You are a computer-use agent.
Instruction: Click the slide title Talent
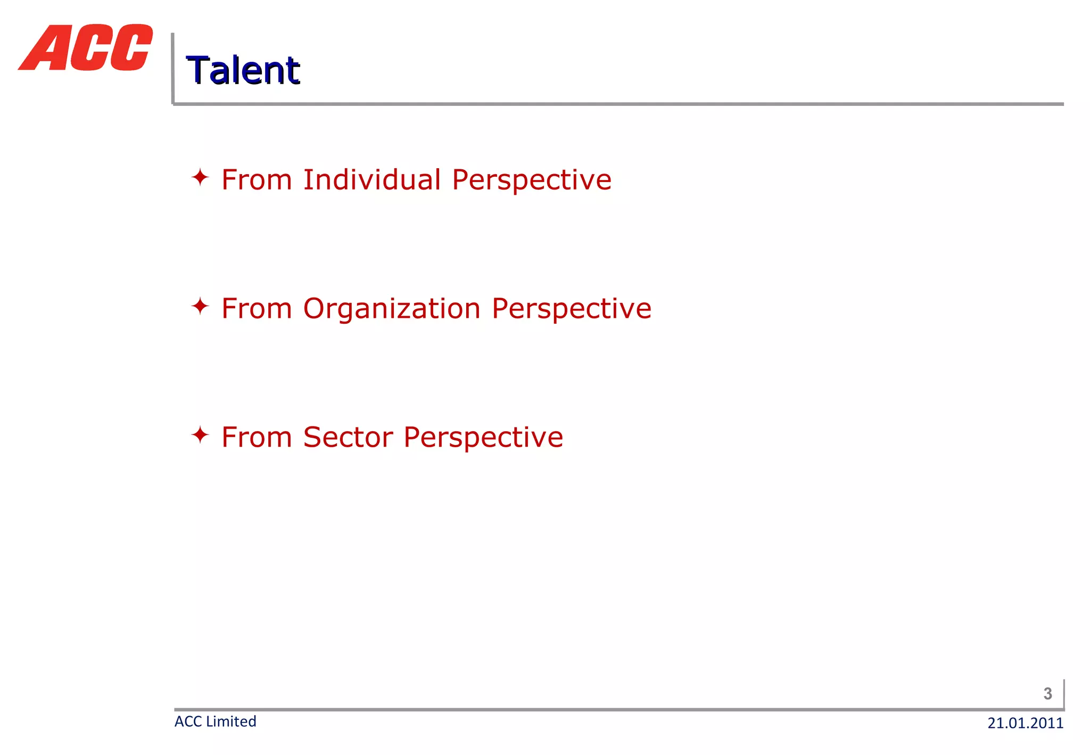(x=243, y=70)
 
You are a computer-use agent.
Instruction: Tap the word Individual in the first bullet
(x=372, y=179)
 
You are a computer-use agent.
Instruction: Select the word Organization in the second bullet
(x=392, y=308)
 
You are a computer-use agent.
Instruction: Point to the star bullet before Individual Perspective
(x=200, y=177)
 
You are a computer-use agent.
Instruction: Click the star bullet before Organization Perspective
(x=200, y=306)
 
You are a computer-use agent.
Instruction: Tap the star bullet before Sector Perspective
(x=200, y=435)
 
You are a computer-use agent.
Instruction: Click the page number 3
(x=1047, y=693)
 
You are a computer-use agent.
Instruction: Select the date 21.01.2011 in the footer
(x=1025, y=723)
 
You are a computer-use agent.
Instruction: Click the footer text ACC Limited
(x=216, y=721)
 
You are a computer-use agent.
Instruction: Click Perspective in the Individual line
(x=532, y=179)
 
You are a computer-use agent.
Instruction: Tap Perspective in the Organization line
(x=571, y=308)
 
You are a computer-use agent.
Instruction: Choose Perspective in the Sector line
(x=483, y=437)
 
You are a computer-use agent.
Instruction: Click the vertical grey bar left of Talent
(x=172, y=68)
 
